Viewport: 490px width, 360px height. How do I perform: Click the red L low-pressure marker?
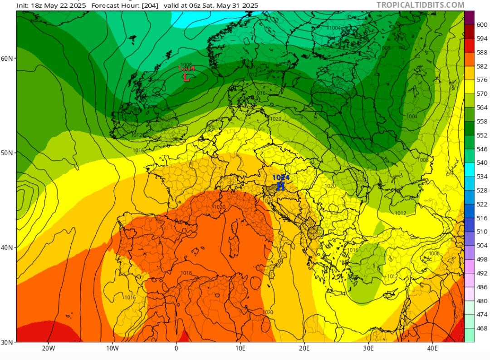[186, 78]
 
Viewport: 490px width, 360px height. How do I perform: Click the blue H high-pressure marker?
[281, 186]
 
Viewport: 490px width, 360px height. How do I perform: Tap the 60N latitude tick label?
[7, 58]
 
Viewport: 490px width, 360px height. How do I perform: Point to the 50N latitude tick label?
[7, 153]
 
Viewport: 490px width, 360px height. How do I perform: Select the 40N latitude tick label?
[7, 247]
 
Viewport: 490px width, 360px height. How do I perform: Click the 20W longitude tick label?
[49, 348]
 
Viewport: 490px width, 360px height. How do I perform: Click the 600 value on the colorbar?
[482, 25]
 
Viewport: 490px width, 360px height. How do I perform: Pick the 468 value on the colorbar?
[482, 328]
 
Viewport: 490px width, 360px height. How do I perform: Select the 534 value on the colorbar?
[482, 177]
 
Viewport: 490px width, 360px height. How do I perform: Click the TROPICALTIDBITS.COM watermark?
[421, 5]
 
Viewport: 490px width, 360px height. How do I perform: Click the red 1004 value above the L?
[186, 69]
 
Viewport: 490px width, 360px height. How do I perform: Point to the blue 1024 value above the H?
[281, 178]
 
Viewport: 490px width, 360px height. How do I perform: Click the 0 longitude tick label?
[176, 348]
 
